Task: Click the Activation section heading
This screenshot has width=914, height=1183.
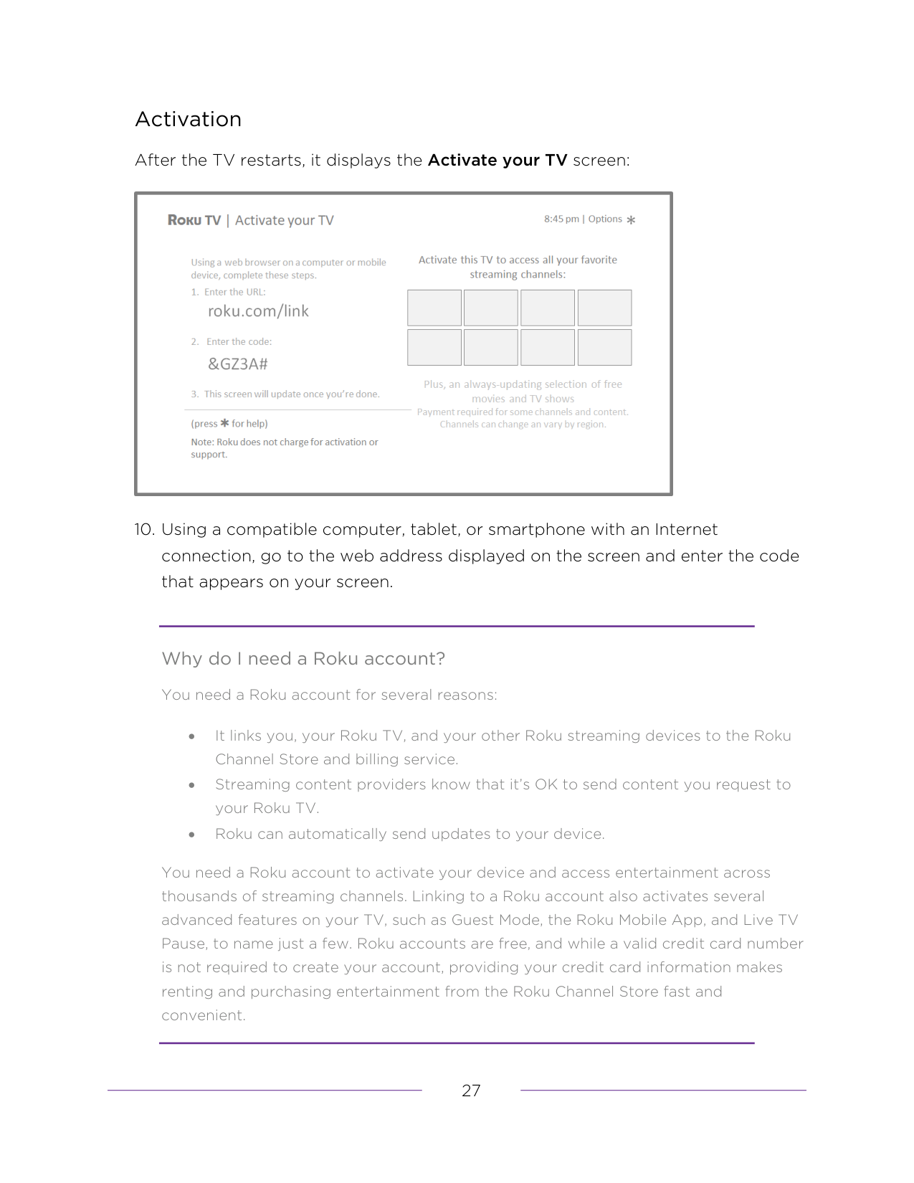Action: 188,119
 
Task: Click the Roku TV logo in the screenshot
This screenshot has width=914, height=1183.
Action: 194,220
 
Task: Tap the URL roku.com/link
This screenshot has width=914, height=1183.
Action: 258,311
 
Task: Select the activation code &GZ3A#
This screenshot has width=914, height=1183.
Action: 238,364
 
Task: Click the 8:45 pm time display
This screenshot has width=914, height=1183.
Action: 561,219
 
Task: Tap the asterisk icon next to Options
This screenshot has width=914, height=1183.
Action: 631,220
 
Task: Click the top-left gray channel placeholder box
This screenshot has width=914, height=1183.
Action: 434,308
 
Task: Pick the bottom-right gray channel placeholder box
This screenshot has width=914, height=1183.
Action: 605,347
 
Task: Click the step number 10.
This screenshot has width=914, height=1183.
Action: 145,529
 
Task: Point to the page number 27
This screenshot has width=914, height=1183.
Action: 471,1091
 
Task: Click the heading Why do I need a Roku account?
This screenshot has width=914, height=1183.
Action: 303,659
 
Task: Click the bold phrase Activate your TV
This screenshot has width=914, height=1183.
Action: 498,160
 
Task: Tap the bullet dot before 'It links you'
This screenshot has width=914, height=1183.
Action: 191,737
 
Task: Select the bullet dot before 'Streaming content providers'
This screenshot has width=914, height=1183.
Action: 191,786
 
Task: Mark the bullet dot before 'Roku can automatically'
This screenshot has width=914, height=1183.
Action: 191,835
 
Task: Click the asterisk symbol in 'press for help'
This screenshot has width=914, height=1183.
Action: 224,423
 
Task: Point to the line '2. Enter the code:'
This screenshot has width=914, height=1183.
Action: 232,342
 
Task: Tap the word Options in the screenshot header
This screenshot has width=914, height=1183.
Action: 605,219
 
